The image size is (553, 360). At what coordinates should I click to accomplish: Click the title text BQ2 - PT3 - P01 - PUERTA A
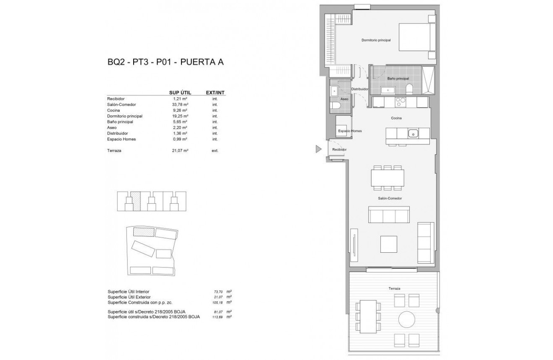pyautogui.click(x=165, y=62)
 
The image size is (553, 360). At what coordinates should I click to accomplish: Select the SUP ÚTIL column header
pyautogui.click(x=180, y=93)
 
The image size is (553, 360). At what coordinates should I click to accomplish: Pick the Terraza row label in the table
pyautogui.click(x=114, y=150)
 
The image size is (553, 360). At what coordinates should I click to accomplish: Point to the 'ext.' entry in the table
pyautogui.click(x=215, y=150)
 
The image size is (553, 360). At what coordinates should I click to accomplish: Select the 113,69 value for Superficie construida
pyautogui.click(x=217, y=317)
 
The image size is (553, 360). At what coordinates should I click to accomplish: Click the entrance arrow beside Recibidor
pyautogui.click(x=319, y=149)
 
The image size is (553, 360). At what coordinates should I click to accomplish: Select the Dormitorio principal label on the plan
pyautogui.click(x=376, y=40)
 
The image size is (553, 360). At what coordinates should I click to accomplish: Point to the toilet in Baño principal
pyautogui.click(x=409, y=88)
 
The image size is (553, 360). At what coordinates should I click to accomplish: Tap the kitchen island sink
pyautogui.click(x=413, y=133)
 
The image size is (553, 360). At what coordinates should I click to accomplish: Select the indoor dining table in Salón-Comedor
pyautogui.click(x=388, y=177)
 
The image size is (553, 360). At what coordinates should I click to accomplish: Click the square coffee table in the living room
pyautogui.click(x=388, y=244)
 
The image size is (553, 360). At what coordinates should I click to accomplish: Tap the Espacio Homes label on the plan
pyautogui.click(x=350, y=131)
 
